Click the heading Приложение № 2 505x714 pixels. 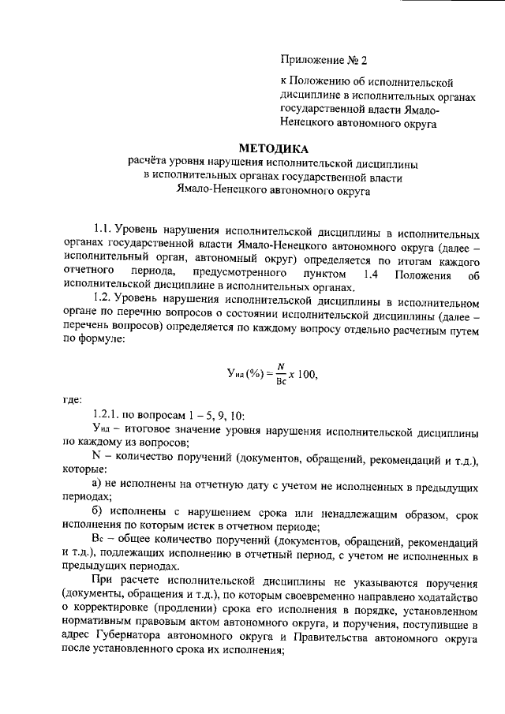pyautogui.click(x=324, y=59)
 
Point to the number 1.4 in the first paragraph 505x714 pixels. pyautogui.click(x=376, y=274)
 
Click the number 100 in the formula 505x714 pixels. pyautogui.click(x=307, y=375)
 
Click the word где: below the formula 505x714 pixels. pyautogui.click(x=72, y=398)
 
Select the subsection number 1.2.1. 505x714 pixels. pyautogui.click(x=106, y=415)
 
